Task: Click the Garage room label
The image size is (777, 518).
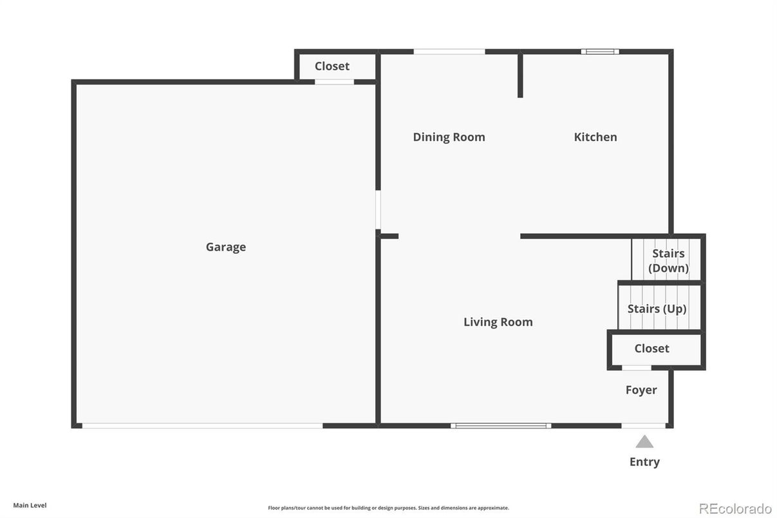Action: coord(226,247)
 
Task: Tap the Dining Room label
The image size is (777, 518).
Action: coord(449,137)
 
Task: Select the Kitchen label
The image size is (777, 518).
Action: coord(595,137)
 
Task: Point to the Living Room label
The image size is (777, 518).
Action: coord(498,321)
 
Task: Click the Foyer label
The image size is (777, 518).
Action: coord(641,390)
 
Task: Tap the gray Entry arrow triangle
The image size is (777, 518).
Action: coord(644,442)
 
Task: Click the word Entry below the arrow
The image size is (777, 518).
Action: coord(644,461)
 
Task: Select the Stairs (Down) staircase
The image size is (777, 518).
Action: coord(668,260)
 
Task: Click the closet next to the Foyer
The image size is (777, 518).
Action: coord(652,349)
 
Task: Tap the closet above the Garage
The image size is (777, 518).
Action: coord(332,66)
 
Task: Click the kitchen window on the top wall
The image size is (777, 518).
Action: coord(600,52)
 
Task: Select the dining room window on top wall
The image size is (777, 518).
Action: coord(449,52)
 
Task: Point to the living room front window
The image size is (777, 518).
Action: coord(501,425)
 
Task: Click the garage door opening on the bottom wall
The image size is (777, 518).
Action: coord(202,425)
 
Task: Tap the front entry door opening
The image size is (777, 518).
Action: coord(643,425)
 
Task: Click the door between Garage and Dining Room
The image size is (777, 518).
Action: coord(378,209)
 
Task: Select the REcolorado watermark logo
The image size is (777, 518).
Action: coord(735,508)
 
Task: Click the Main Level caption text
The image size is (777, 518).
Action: coord(30,505)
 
